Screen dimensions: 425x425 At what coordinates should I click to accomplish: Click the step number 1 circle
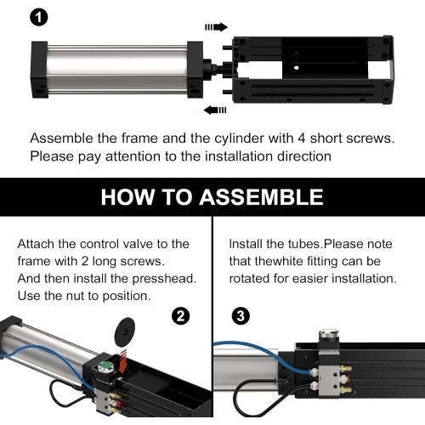coord(39,17)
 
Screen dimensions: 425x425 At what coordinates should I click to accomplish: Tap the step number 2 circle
coord(181,315)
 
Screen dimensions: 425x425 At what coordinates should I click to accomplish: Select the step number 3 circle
coord(241,315)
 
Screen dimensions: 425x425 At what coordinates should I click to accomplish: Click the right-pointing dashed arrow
coord(216,27)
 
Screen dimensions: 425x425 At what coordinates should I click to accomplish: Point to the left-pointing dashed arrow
coord(215,110)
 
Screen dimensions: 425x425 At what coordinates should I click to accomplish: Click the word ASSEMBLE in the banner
coord(261,197)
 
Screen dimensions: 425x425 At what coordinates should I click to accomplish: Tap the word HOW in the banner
coord(128,197)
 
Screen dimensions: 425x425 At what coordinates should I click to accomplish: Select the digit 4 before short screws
coord(301,139)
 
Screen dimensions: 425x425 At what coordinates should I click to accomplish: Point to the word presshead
coord(164,279)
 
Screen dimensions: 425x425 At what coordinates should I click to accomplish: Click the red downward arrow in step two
coord(123,360)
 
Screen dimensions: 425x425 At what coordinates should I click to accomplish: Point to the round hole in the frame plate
coord(296,68)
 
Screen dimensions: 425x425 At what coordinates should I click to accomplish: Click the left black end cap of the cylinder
coord(39,70)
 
